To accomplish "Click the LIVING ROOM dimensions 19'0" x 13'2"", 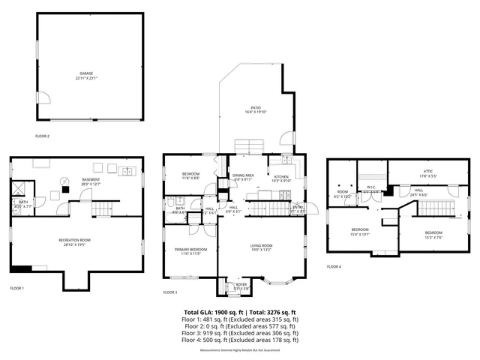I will point(261,251).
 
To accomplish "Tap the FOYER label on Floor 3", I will point(241,285).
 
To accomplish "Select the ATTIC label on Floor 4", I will point(428,172).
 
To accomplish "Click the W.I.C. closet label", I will point(370,188).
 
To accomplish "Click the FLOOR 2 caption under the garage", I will point(42,136).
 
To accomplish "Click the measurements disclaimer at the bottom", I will point(240,350).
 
